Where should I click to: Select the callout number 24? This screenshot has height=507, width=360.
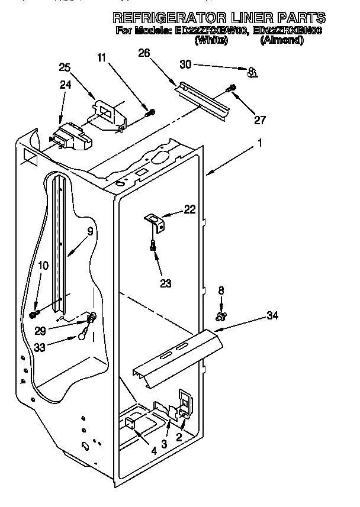(66, 85)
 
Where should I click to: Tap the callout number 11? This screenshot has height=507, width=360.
(102, 57)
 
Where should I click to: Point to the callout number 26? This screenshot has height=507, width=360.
(144, 53)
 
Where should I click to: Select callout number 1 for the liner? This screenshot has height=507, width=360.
(260, 143)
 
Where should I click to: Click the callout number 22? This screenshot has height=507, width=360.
(189, 209)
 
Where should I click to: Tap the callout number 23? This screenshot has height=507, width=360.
(166, 283)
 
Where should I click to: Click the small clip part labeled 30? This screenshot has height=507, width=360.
(253, 72)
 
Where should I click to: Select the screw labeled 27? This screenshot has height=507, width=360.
(231, 89)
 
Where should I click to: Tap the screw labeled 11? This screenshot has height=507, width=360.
(150, 112)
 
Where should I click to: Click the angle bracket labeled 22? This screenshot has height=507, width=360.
(156, 222)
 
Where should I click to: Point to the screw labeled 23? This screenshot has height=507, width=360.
(154, 246)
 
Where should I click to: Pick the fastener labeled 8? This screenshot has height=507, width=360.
(221, 318)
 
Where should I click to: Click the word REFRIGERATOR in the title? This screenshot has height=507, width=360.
(172, 18)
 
